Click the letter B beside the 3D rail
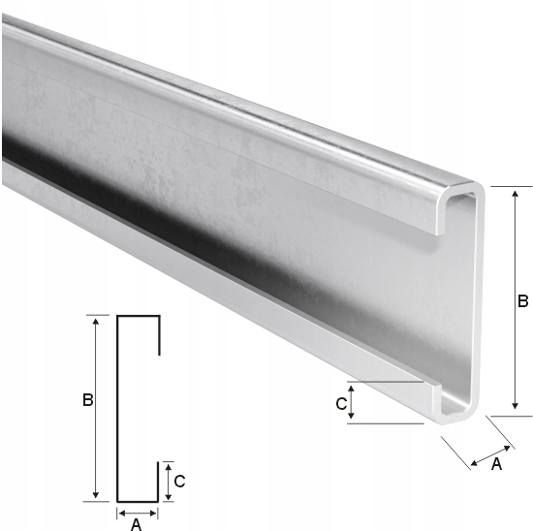pyautogui.click(x=522, y=301)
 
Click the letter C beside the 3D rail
pyautogui.click(x=340, y=403)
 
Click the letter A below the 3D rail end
pyautogui.click(x=496, y=464)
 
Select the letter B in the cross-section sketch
pyautogui.click(x=87, y=399)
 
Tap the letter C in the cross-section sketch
pyautogui.click(x=179, y=480)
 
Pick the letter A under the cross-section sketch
pyautogui.click(x=136, y=524)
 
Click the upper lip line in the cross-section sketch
pyautogui.click(x=158, y=334)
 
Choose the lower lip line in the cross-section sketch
pyautogui.click(x=158, y=482)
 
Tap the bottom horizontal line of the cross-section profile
pyautogui.click(x=138, y=501)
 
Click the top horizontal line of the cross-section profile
pyautogui.click(x=138, y=316)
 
